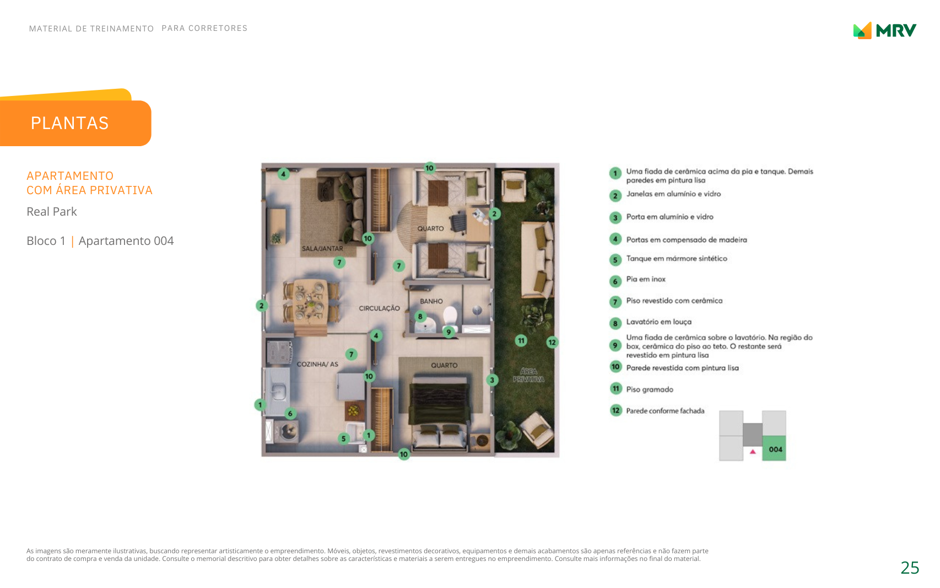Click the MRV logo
(884, 30)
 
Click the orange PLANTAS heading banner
(75, 122)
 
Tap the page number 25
(910, 568)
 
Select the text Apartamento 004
(126, 240)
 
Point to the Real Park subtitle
(52, 211)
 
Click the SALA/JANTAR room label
(322, 249)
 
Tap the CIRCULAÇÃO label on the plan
(379, 308)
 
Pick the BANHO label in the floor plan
(431, 301)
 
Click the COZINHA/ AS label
(317, 364)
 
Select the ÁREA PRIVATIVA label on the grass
(528, 375)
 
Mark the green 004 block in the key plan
(774, 448)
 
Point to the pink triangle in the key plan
(753, 452)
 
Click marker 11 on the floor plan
(521, 341)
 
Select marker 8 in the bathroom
(420, 317)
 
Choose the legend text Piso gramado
(650, 389)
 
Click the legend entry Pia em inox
(646, 279)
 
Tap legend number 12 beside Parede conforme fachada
(615, 410)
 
